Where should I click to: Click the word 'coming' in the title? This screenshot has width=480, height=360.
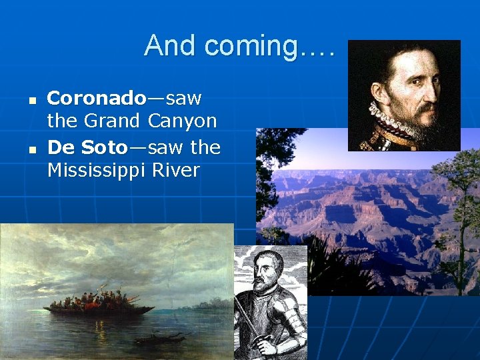(251, 47)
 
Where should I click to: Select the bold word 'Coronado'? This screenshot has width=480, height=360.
(96, 99)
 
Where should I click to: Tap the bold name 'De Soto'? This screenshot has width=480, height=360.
(82, 147)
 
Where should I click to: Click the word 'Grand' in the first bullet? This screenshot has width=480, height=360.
(111, 122)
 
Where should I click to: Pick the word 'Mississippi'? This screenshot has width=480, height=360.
(96, 171)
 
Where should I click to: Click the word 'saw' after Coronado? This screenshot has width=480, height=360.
(183, 99)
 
